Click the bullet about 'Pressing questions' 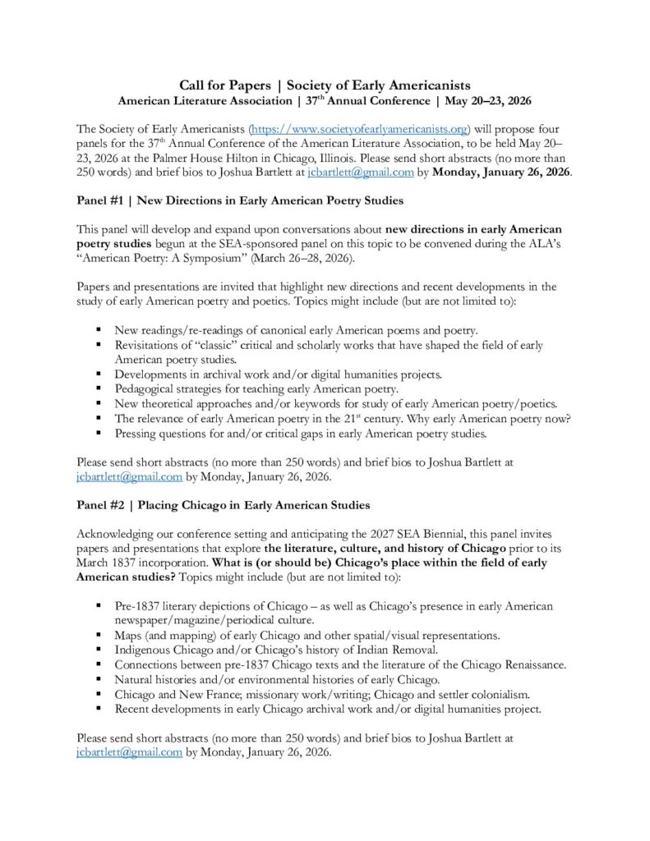302,432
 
